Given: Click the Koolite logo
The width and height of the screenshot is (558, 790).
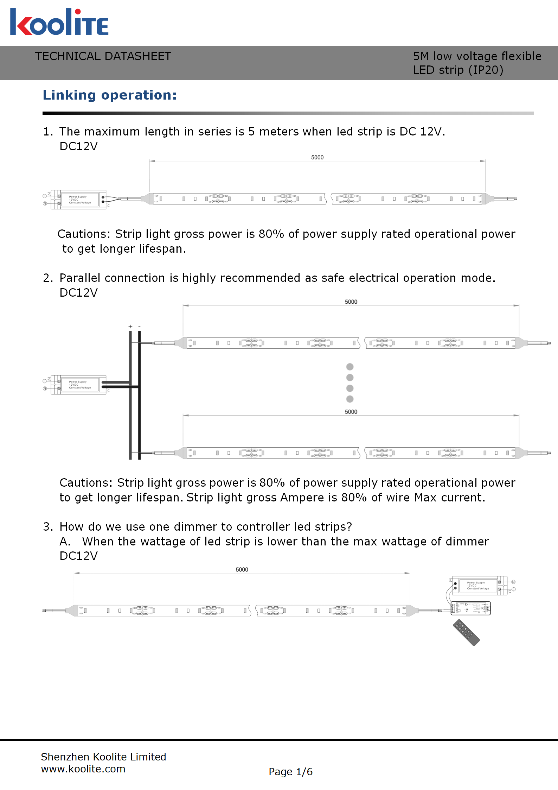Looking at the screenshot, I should pos(59,23).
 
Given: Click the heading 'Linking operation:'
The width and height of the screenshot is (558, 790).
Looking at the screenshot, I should pos(110,95).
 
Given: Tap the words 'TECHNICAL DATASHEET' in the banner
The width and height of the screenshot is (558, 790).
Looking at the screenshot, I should pos(103,56).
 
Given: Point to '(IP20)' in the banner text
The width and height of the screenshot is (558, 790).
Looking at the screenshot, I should pos(486,70).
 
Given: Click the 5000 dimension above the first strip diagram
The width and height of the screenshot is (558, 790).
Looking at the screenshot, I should pos(317,157).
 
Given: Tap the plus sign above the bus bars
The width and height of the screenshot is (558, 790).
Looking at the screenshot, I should pos(130,327).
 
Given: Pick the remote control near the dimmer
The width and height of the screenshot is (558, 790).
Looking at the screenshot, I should pos(466,633).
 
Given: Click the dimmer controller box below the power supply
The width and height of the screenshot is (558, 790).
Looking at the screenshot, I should pos(470,608).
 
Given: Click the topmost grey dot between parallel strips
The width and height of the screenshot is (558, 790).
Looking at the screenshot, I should pos(350,367).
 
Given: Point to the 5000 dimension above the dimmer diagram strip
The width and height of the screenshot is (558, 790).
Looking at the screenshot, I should pos(242,569).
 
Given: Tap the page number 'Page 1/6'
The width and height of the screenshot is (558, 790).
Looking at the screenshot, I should pos(290,772).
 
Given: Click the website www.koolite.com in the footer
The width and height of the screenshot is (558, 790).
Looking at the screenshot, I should pos(83,769).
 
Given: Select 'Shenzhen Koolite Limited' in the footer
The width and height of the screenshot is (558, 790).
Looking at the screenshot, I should pos(103,757).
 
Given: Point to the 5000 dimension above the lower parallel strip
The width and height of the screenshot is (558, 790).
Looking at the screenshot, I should pos(351,412).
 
